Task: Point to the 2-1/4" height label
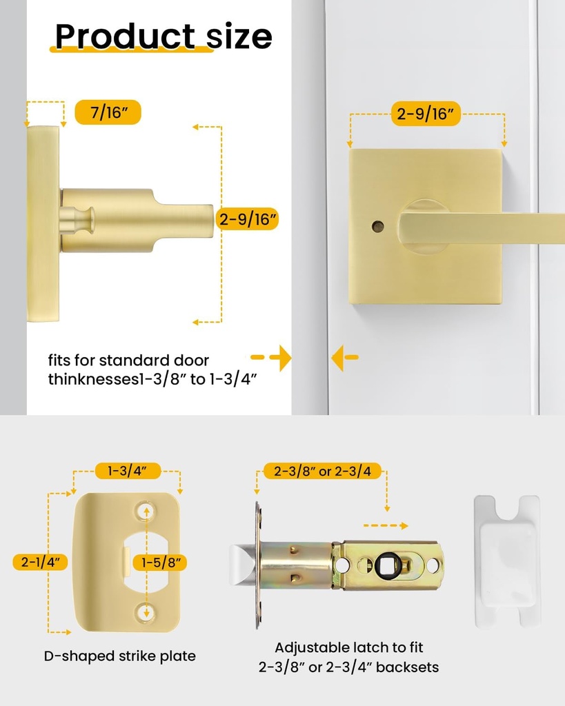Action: [x=40, y=562]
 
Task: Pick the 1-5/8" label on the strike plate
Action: [x=161, y=563]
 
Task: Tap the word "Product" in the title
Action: [x=125, y=36]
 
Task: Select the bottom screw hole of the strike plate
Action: [x=145, y=611]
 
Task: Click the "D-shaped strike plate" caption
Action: [x=119, y=656]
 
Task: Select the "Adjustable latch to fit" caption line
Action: [x=348, y=647]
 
